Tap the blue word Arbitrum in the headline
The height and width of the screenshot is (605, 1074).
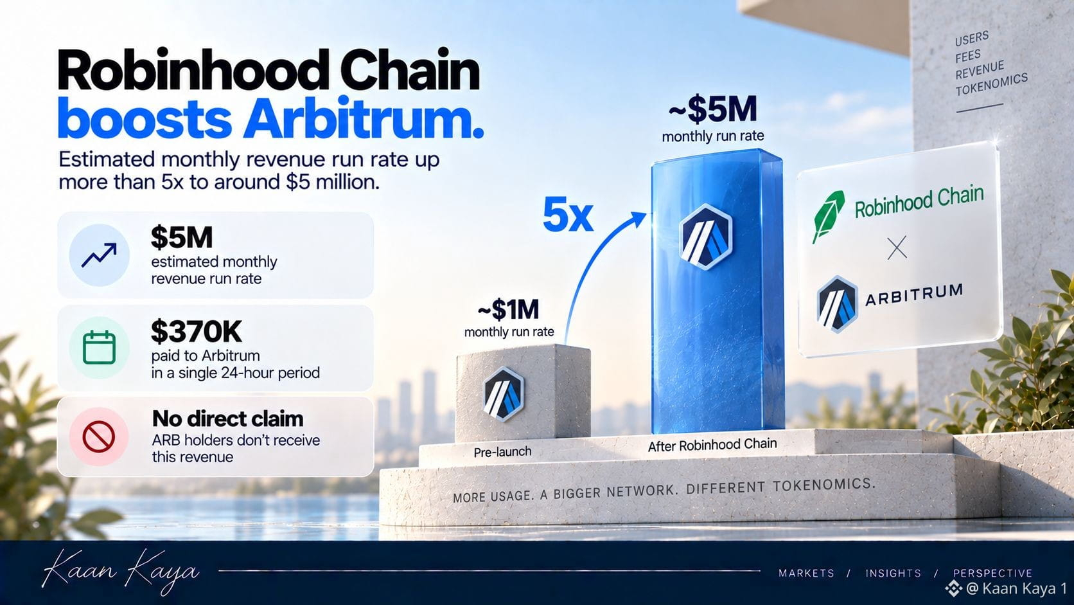click(x=364, y=118)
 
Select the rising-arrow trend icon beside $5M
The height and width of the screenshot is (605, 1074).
click(x=99, y=255)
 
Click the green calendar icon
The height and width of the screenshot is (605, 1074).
click(x=99, y=347)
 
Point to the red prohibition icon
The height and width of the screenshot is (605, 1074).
click(x=99, y=437)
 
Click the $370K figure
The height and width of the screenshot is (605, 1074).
click(x=197, y=331)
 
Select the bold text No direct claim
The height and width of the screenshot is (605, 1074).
click(x=228, y=419)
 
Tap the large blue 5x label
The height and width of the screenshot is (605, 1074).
click(x=568, y=215)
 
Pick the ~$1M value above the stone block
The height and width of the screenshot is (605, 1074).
click(x=508, y=309)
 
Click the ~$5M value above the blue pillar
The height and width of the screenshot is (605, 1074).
click(x=712, y=109)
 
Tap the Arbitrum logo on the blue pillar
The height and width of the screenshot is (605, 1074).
click(x=706, y=237)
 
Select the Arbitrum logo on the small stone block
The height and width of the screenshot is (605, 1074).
click(x=504, y=394)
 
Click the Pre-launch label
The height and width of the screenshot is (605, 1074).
click(x=502, y=452)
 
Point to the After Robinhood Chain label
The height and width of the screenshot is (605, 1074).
click(x=712, y=446)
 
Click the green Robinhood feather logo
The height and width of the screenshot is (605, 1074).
click(x=829, y=216)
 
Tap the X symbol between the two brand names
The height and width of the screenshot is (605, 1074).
click(x=897, y=248)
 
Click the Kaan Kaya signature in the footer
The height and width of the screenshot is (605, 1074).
click(x=121, y=572)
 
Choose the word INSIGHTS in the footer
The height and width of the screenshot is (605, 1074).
click(x=894, y=573)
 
